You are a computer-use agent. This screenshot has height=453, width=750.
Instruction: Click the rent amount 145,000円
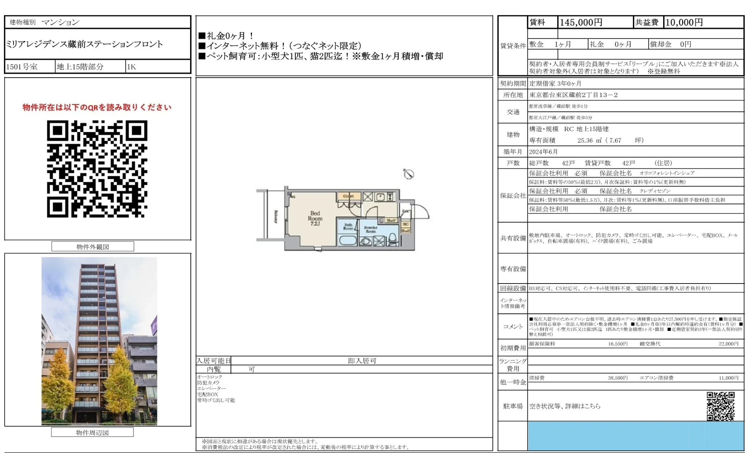click(x=581, y=22)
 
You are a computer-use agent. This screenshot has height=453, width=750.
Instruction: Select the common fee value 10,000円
click(x=684, y=22)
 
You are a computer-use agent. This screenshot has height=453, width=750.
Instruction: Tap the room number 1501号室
click(x=22, y=67)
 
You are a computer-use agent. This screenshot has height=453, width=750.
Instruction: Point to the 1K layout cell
click(x=131, y=67)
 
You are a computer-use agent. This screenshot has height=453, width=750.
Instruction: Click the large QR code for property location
click(x=97, y=169)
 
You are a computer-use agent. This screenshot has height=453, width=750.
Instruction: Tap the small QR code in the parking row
click(x=720, y=406)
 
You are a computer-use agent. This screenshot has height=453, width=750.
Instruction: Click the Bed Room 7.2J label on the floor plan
click(x=315, y=218)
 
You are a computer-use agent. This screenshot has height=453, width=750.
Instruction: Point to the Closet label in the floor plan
click(x=348, y=196)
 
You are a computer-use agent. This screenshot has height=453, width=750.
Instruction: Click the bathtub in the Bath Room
click(x=348, y=240)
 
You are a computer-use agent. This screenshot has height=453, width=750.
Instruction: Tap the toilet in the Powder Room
click(x=393, y=239)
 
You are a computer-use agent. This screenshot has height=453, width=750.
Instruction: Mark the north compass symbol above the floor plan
click(x=409, y=174)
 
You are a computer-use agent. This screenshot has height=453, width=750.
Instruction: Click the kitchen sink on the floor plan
click(x=380, y=197)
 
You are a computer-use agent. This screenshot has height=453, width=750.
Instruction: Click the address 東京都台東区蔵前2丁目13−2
click(x=573, y=95)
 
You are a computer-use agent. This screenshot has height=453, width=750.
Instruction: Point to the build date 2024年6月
click(x=544, y=152)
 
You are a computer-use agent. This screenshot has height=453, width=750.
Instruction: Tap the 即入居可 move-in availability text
click(x=362, y=361)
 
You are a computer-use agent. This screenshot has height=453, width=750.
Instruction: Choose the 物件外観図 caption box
click(x=93, y=247)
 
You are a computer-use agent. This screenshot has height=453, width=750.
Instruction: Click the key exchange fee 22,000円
click(x=728, y=344)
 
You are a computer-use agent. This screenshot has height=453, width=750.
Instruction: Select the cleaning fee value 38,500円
click(x=618, y=378)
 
